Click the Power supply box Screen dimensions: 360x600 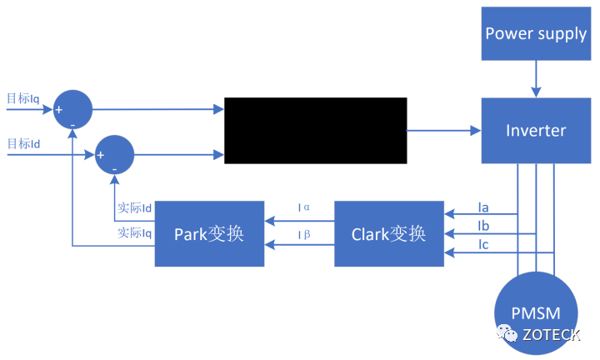(x=536, y=33)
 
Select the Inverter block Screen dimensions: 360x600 (x=536, y=130)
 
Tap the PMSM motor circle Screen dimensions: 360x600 (x=536, y=314)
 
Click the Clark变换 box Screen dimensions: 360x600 (x=388, y=233)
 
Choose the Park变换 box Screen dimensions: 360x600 (x=209, y=233)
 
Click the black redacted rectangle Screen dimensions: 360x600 (x=316, y=130)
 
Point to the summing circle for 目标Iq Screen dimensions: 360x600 (x=72, y=109)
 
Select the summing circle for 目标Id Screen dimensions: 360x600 (x=115, y=154)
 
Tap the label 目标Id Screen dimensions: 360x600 (x=23, y=144)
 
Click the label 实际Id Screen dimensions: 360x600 (x=134, y=207)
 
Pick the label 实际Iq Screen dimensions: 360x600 (x=134, y=233)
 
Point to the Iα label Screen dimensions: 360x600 (x=304, y=207)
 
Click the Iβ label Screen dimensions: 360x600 (x=304, y=234)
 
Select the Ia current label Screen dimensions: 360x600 (x=483, y=206)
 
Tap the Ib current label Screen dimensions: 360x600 (x=483, y=226)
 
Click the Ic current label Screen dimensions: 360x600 (x=483, y=244)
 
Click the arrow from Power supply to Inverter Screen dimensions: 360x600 (x=536, y=78)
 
